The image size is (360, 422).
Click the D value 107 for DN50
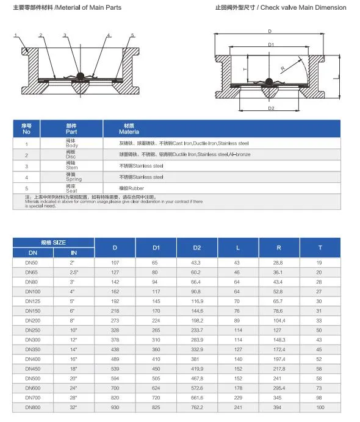coord(114,262)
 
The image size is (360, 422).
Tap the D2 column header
coord(196,248)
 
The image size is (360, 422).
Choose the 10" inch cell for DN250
coord(74,329)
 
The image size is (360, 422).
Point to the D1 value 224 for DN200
coord(155,320)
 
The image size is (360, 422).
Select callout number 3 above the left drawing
coord(64,35)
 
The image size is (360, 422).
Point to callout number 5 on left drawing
coord(132,35)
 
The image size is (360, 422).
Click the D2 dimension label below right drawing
coord(271,109)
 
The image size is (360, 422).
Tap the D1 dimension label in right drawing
coord(270,45)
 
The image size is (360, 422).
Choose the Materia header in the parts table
coord(129,132)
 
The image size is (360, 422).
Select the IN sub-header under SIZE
coord(74,252)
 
